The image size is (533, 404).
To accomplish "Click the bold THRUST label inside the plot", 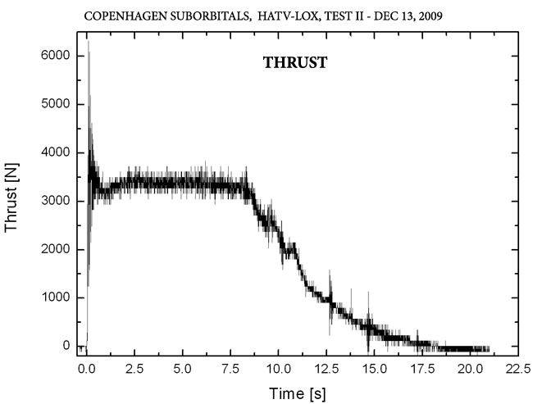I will click(x=294, y=61).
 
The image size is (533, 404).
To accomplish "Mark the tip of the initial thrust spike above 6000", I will click(x=88, y=40).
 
